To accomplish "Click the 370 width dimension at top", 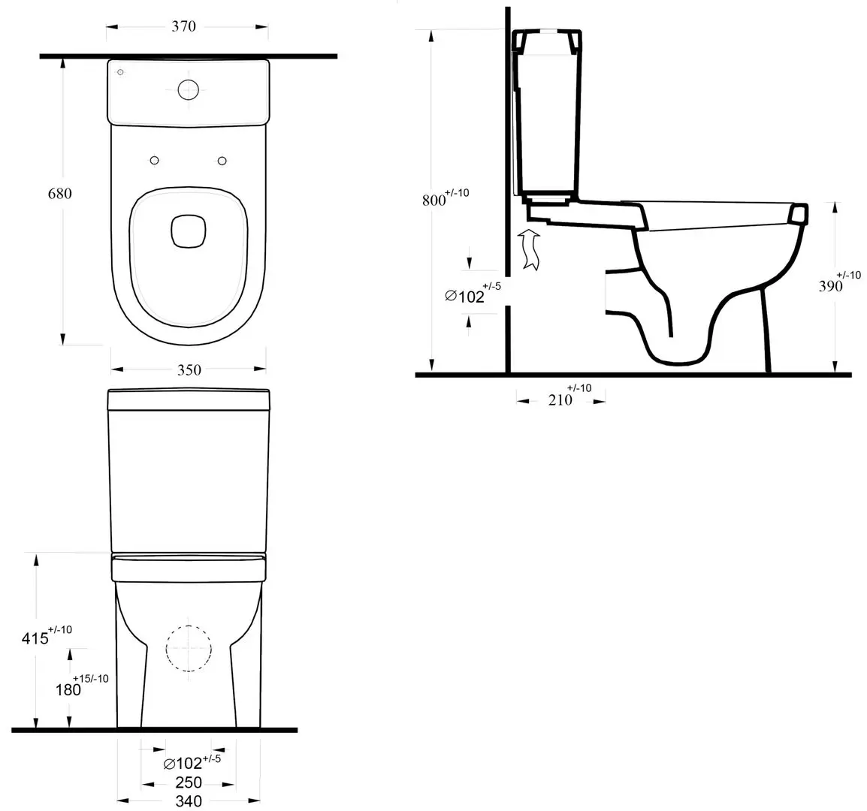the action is tap(183, 26).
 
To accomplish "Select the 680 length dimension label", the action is tap(59, 194).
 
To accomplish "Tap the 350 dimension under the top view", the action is tap(189, 370).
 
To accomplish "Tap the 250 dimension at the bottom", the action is tap(189, 782).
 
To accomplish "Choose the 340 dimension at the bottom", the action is tap(189, 800).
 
